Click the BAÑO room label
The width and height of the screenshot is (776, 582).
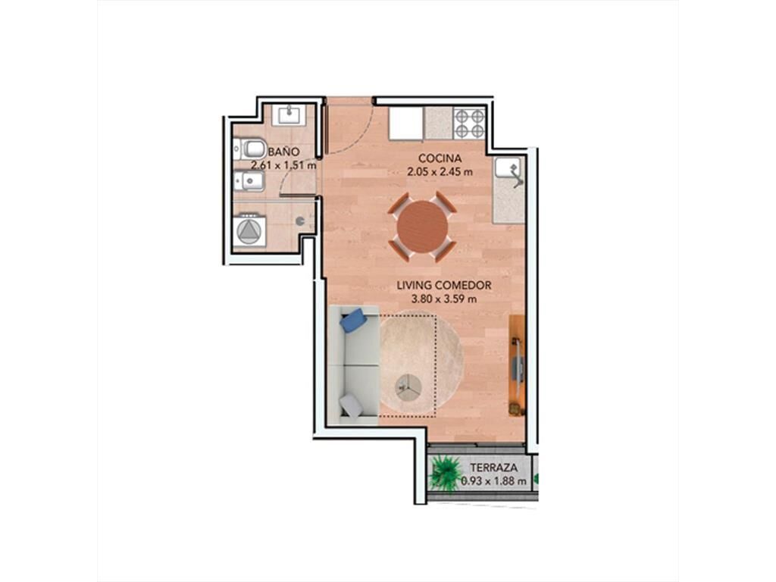pyautogui.click(x=283, y=152)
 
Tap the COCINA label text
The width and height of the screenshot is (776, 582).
pyautogui.click(x=440, y=158)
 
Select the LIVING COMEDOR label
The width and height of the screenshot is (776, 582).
pyautogui.click(x=444, y=286)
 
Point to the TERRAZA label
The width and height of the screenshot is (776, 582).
pyautogui.click(x=493, y=467)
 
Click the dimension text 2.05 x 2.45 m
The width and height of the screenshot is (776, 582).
pyautogui.click(x=440, y=172)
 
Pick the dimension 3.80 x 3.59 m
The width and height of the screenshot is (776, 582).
pyautogui.click(x=444, y=299)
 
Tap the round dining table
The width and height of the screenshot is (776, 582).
pyautogui.click(x=423, y=227)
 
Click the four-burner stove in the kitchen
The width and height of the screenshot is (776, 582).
pyautogui.click(x=470, y=124)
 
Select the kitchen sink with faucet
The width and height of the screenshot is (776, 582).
pyautogui.click(x=509, y=172)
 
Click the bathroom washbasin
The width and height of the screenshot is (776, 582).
pyautogui.click(x=289, y=115)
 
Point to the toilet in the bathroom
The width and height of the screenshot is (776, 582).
pyautogui.click(x=250, y=149)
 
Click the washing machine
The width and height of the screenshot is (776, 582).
pyautogui.click(x=250, y=230)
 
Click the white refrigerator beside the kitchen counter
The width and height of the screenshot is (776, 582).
pyautogui.click(x=406, y=124)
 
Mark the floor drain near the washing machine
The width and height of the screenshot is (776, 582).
pyautogui.click(x=299, y=222)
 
